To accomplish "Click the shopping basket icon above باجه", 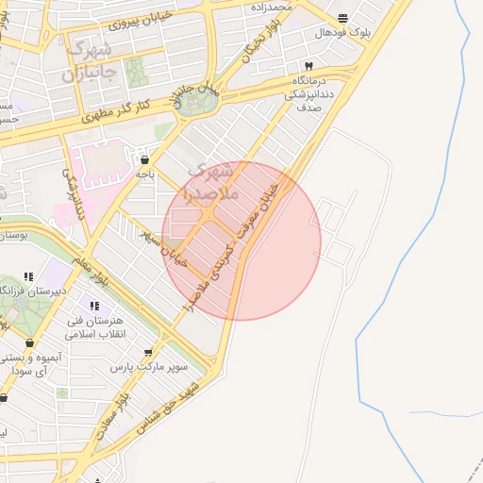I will (143, 159).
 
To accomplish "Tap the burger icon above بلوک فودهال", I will (341, 18).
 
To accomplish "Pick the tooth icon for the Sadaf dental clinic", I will (308, 66).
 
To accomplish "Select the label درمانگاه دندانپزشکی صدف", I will (310, 95).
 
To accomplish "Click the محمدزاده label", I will (272, 7).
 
